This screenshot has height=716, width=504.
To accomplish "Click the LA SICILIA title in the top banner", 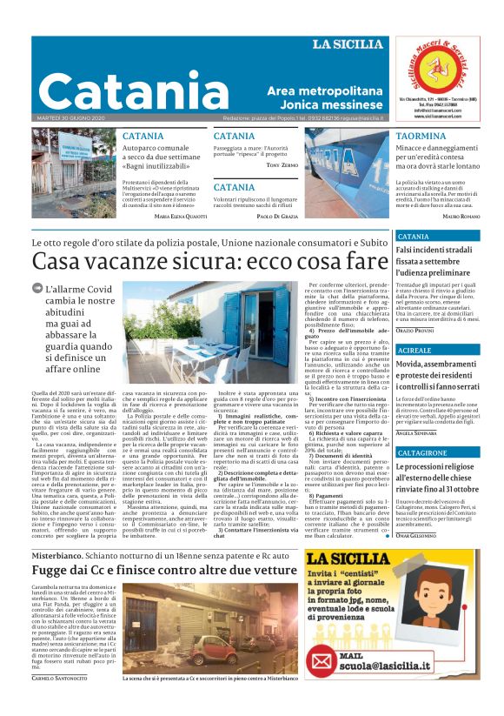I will click(347, 44).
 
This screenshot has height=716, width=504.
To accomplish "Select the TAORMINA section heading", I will click(421, 137).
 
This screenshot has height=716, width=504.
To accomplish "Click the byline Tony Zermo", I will click(282, 164).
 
